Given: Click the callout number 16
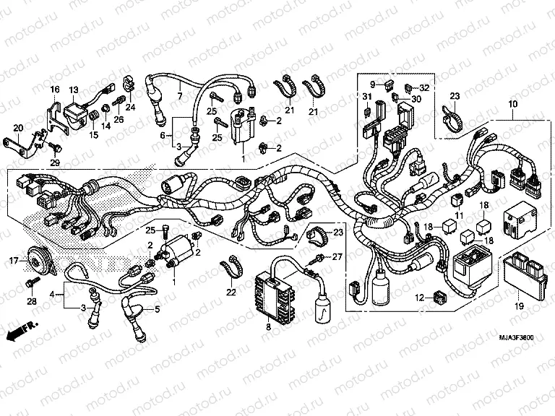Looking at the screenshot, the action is click(x=54, y=89).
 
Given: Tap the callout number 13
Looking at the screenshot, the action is click(x=73, y=89).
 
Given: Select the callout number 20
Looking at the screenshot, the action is click(x=18, y=128).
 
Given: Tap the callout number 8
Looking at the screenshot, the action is click(x=268, y=327).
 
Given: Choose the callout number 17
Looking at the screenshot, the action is click(x=13, y=260).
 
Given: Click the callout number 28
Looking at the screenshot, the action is click(x=31, y=300).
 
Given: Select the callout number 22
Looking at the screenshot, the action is click(x=231, y=292).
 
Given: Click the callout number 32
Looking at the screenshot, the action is click(x=424, y=87).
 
